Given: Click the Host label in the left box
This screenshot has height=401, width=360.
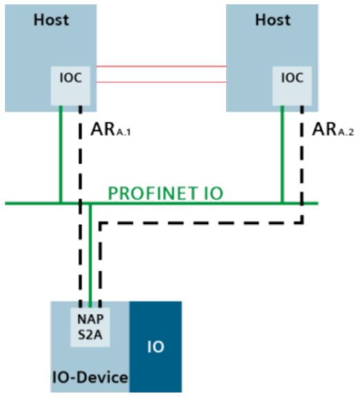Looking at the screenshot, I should click(52, 19).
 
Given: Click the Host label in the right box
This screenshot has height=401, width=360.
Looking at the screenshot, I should click(272, 19).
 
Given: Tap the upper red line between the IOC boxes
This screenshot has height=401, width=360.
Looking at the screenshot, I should click(161, 67).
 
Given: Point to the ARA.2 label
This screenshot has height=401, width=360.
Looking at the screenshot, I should click(334, 130).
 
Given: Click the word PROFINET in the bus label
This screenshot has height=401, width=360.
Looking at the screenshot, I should click(144, 192).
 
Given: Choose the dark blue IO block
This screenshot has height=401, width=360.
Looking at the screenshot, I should click(156, 346).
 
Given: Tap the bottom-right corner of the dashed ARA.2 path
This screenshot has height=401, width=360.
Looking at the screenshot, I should click(301, 223).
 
